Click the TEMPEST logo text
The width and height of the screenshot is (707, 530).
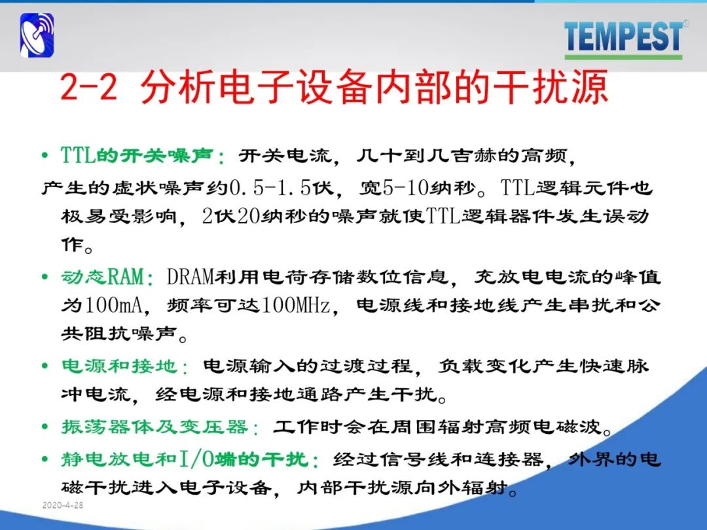(623, 36)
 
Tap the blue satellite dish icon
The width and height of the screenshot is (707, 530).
(37, 35)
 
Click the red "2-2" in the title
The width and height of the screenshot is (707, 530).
(88, 87)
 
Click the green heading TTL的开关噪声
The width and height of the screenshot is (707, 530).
(137, 156)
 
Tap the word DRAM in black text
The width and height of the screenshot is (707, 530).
(190, 276)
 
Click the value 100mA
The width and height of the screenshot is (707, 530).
(113, 305)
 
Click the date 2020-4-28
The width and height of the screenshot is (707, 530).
(63, 504)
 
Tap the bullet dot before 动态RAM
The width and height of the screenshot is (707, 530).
(45, 276)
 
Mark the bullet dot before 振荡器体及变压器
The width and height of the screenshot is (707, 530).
(45, 427)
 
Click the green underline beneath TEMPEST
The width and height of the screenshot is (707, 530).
(624, 57)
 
